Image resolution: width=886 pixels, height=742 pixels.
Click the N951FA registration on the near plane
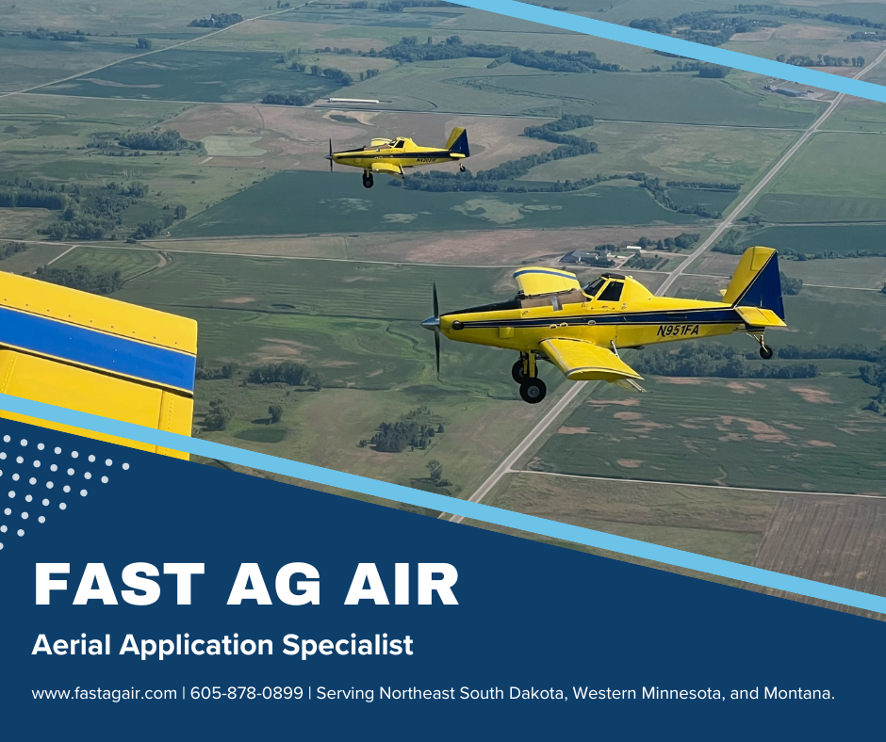point(679,330)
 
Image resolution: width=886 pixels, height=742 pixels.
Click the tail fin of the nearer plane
point(758,280)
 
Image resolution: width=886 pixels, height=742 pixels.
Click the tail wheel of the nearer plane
point(765,351)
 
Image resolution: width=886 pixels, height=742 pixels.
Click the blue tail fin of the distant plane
point(459,142)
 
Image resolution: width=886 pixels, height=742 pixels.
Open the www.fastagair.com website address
point(105,693)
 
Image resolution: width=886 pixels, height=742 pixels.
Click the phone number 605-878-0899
point(247,693)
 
